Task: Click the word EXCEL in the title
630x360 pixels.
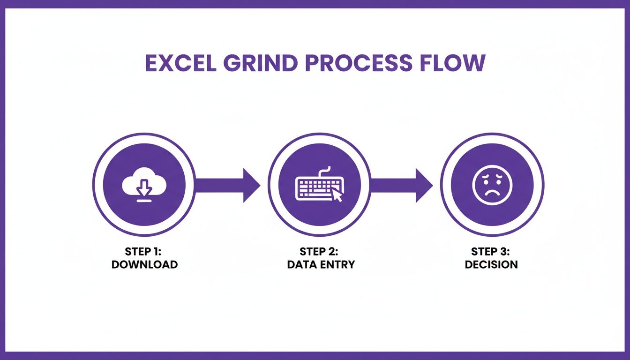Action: (181, 63)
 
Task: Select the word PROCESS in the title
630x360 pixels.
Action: (358, 63)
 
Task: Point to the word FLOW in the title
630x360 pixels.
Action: (452, 63)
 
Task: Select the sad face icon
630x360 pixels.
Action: (492, 185)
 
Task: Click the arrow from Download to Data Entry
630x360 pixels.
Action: (228, 185)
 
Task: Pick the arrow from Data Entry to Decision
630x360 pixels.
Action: (401, 185)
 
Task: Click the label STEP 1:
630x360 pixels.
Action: (143, 251)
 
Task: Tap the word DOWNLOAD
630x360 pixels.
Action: (144, 265)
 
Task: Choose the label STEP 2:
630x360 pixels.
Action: (319, 251)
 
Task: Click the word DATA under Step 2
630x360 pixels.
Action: (302, 265)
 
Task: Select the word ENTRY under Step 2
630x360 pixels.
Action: (338, 265)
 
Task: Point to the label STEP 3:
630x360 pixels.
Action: (490, 251)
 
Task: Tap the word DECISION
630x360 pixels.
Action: (491, 265)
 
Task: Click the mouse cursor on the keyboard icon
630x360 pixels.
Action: (337, 195)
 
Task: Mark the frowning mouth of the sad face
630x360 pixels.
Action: (492, 194)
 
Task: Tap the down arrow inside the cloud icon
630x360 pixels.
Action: (144, 187)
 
